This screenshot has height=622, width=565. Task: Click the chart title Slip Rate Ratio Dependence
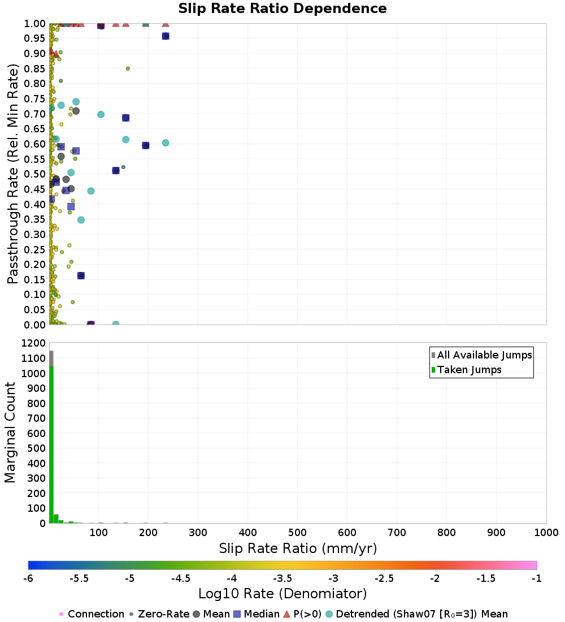(282, 8)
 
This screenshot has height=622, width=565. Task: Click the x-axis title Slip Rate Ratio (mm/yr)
(298, 548)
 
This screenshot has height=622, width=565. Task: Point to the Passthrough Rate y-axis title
(12, 174)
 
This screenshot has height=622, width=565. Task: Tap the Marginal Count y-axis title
(10, 433)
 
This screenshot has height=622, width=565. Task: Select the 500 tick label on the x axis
(297, 532)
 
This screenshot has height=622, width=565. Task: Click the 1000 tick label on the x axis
(546, 532)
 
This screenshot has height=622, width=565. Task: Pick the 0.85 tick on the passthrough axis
(35, 68)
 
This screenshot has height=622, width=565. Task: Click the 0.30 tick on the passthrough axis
(35, 234)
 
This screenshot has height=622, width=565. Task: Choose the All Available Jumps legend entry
(481, 355)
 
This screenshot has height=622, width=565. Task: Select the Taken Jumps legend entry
(466, 370)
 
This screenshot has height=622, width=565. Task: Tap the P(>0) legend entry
(302, 614)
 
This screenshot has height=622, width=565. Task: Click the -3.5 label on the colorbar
(282, 579)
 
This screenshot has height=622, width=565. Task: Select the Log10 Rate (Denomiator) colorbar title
(282, 594)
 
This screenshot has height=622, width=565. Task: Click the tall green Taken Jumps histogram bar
(51, 444)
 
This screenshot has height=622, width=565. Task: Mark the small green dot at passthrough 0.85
(128, 68)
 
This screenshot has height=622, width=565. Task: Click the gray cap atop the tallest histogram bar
(51, 358)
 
